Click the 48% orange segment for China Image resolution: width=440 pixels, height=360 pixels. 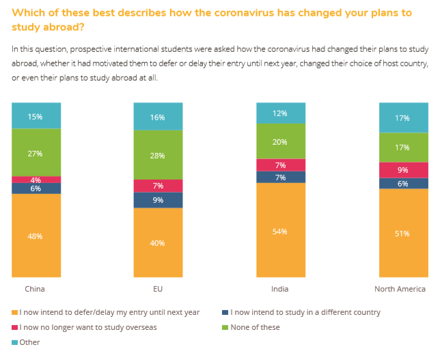pyautogui.click(x=36, y=236)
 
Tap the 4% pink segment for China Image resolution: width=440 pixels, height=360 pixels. pyautogui.click(x=36, y=179)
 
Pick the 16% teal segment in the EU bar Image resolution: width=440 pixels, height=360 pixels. pyautogui.click(x=158, y=117)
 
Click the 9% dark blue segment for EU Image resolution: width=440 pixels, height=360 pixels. pyautogui.click(x=158, y=200)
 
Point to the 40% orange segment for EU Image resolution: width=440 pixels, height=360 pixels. pyautogui.click(x=158, y=243)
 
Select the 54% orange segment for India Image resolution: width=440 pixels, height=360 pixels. pyautogui.click(x=279, y=231)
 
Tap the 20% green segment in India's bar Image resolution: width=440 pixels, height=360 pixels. pyautogui.click(x=279, y=141)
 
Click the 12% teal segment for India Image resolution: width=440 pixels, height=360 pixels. pyautogui.click(x=279, y=113)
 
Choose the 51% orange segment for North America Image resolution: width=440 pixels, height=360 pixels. pyautogui.click(x=403, y=233)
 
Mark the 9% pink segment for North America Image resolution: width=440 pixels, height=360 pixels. pyautogui.click(x=403, y=170)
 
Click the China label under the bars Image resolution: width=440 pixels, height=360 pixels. pyautogui.click(x=35, y=289)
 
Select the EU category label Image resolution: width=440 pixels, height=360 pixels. pyautogui.click(x=158, y=289)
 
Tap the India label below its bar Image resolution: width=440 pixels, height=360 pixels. pyautogui.click(x=279, y=289)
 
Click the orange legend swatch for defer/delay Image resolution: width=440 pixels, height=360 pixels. pyautogui.click(x=15, y=313)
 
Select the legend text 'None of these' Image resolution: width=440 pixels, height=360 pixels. pyautogui.click(x=255, y=327)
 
